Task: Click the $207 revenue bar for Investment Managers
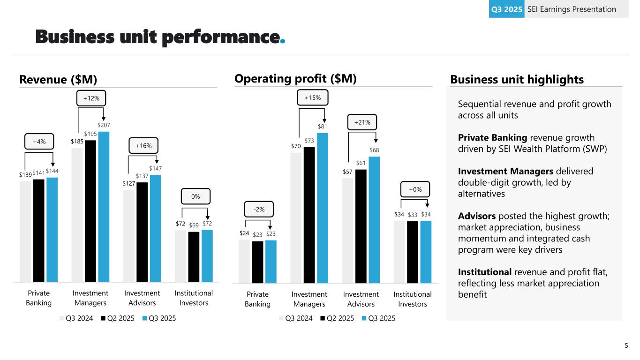104,206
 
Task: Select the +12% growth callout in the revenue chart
91,98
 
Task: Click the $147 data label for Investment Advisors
155,168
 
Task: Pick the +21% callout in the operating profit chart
362,122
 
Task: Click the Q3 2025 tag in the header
506,9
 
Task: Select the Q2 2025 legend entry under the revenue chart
118,318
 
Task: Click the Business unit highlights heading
517,80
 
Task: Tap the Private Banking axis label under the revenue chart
38,298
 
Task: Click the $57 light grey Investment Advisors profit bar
348,230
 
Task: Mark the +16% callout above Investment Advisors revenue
143,146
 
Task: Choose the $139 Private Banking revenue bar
26,232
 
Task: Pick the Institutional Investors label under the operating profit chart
413,299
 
